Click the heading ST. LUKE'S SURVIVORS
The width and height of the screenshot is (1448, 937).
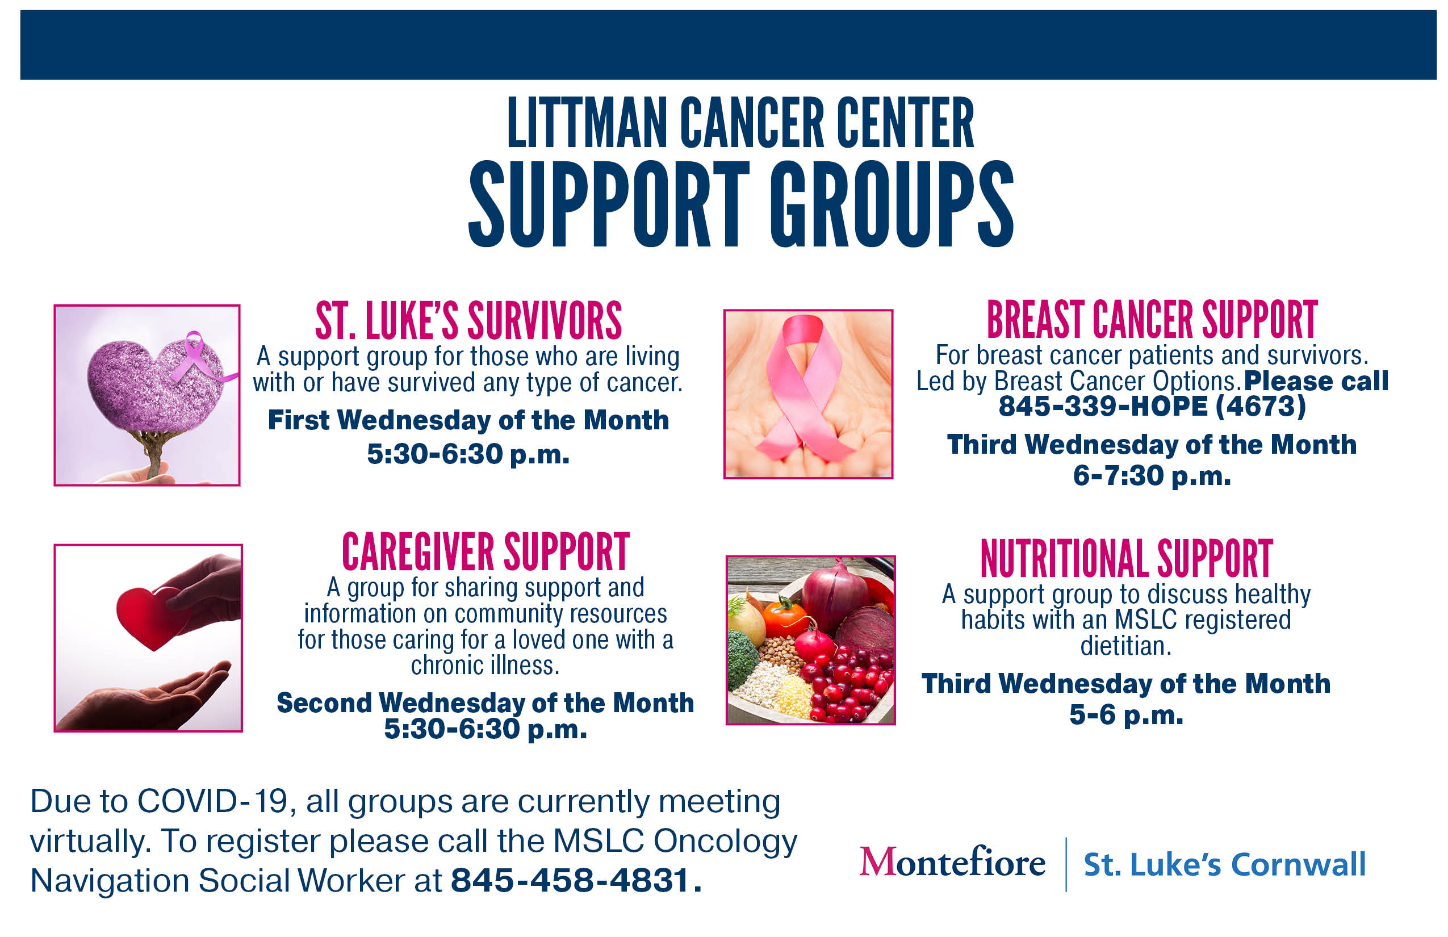468,321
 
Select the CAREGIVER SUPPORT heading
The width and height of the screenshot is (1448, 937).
485,552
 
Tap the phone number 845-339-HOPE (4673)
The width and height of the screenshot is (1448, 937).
1152,406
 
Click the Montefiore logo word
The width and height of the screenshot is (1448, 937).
952,862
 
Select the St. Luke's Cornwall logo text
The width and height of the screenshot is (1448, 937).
1224,864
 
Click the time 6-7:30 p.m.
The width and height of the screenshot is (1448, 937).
1152,476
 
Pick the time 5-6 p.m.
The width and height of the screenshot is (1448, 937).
1126,715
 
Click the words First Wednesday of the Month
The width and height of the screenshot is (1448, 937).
468,420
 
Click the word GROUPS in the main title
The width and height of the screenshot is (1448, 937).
892,204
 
